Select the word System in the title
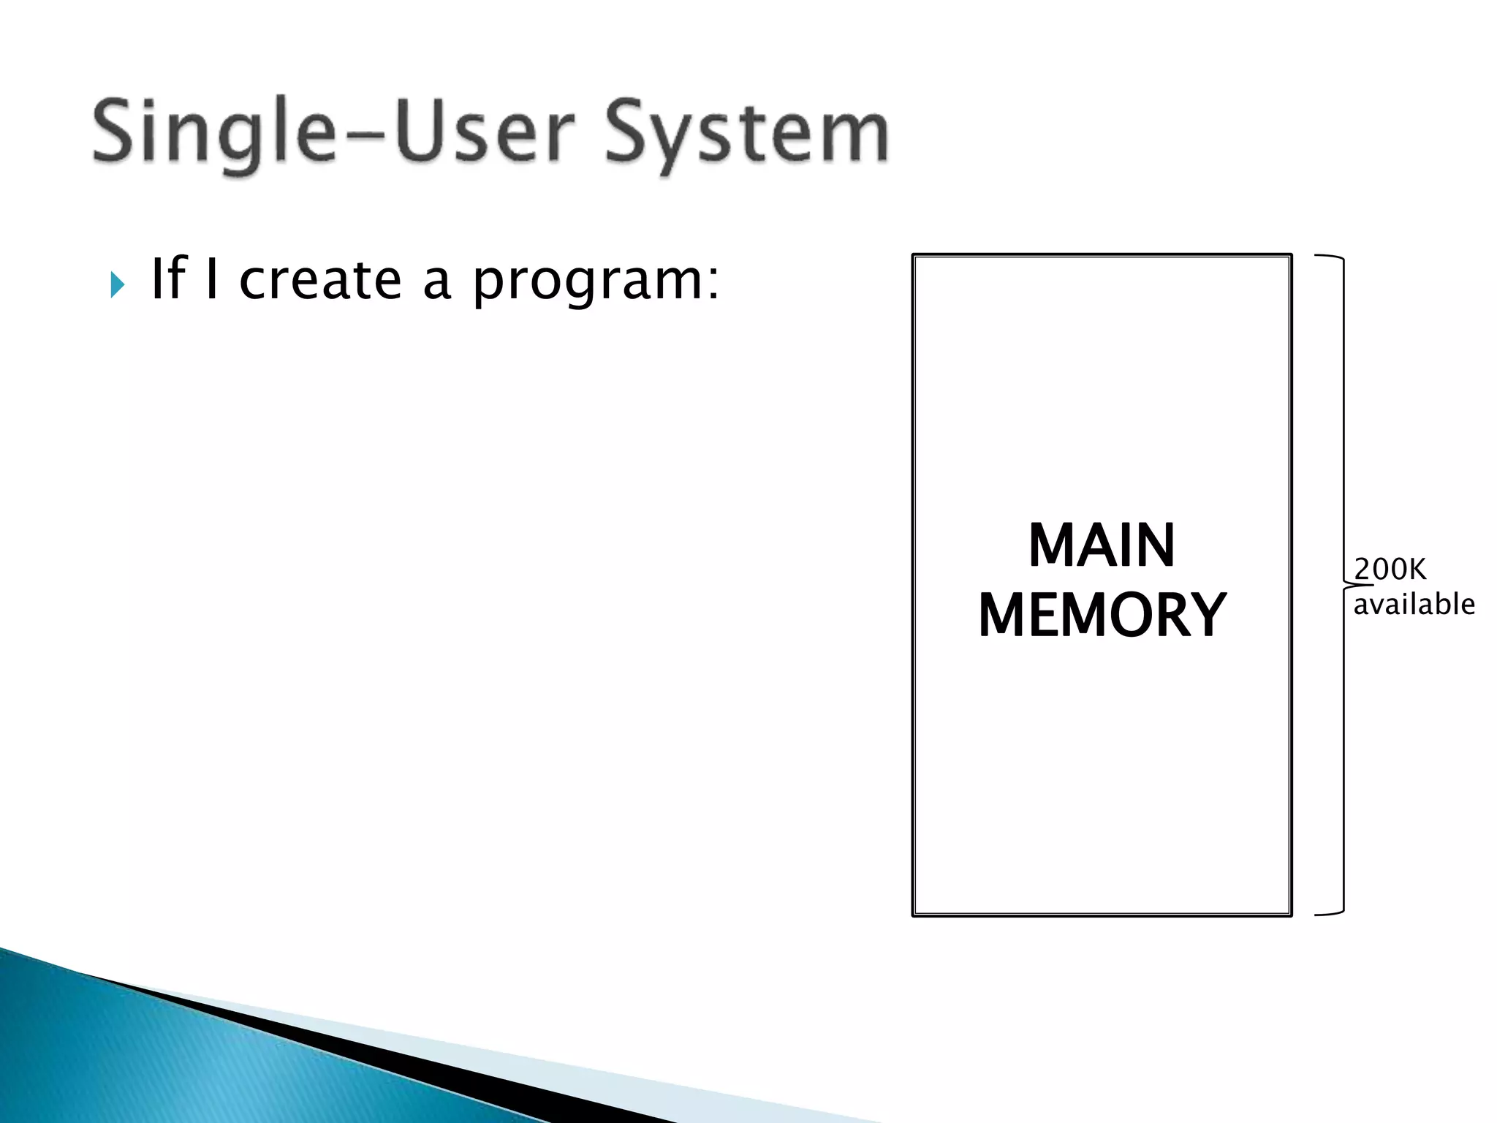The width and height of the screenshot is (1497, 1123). pos(746,134)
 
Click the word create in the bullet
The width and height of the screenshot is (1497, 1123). pos(320,280)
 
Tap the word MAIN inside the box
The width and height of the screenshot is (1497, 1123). pos(1102,545)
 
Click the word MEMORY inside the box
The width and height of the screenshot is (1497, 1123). pos(1102,616)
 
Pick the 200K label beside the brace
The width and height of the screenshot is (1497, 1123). pos(1390,569)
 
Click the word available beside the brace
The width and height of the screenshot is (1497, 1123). pos(1414,605)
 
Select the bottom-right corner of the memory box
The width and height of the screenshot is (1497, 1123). pos(1290,914)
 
